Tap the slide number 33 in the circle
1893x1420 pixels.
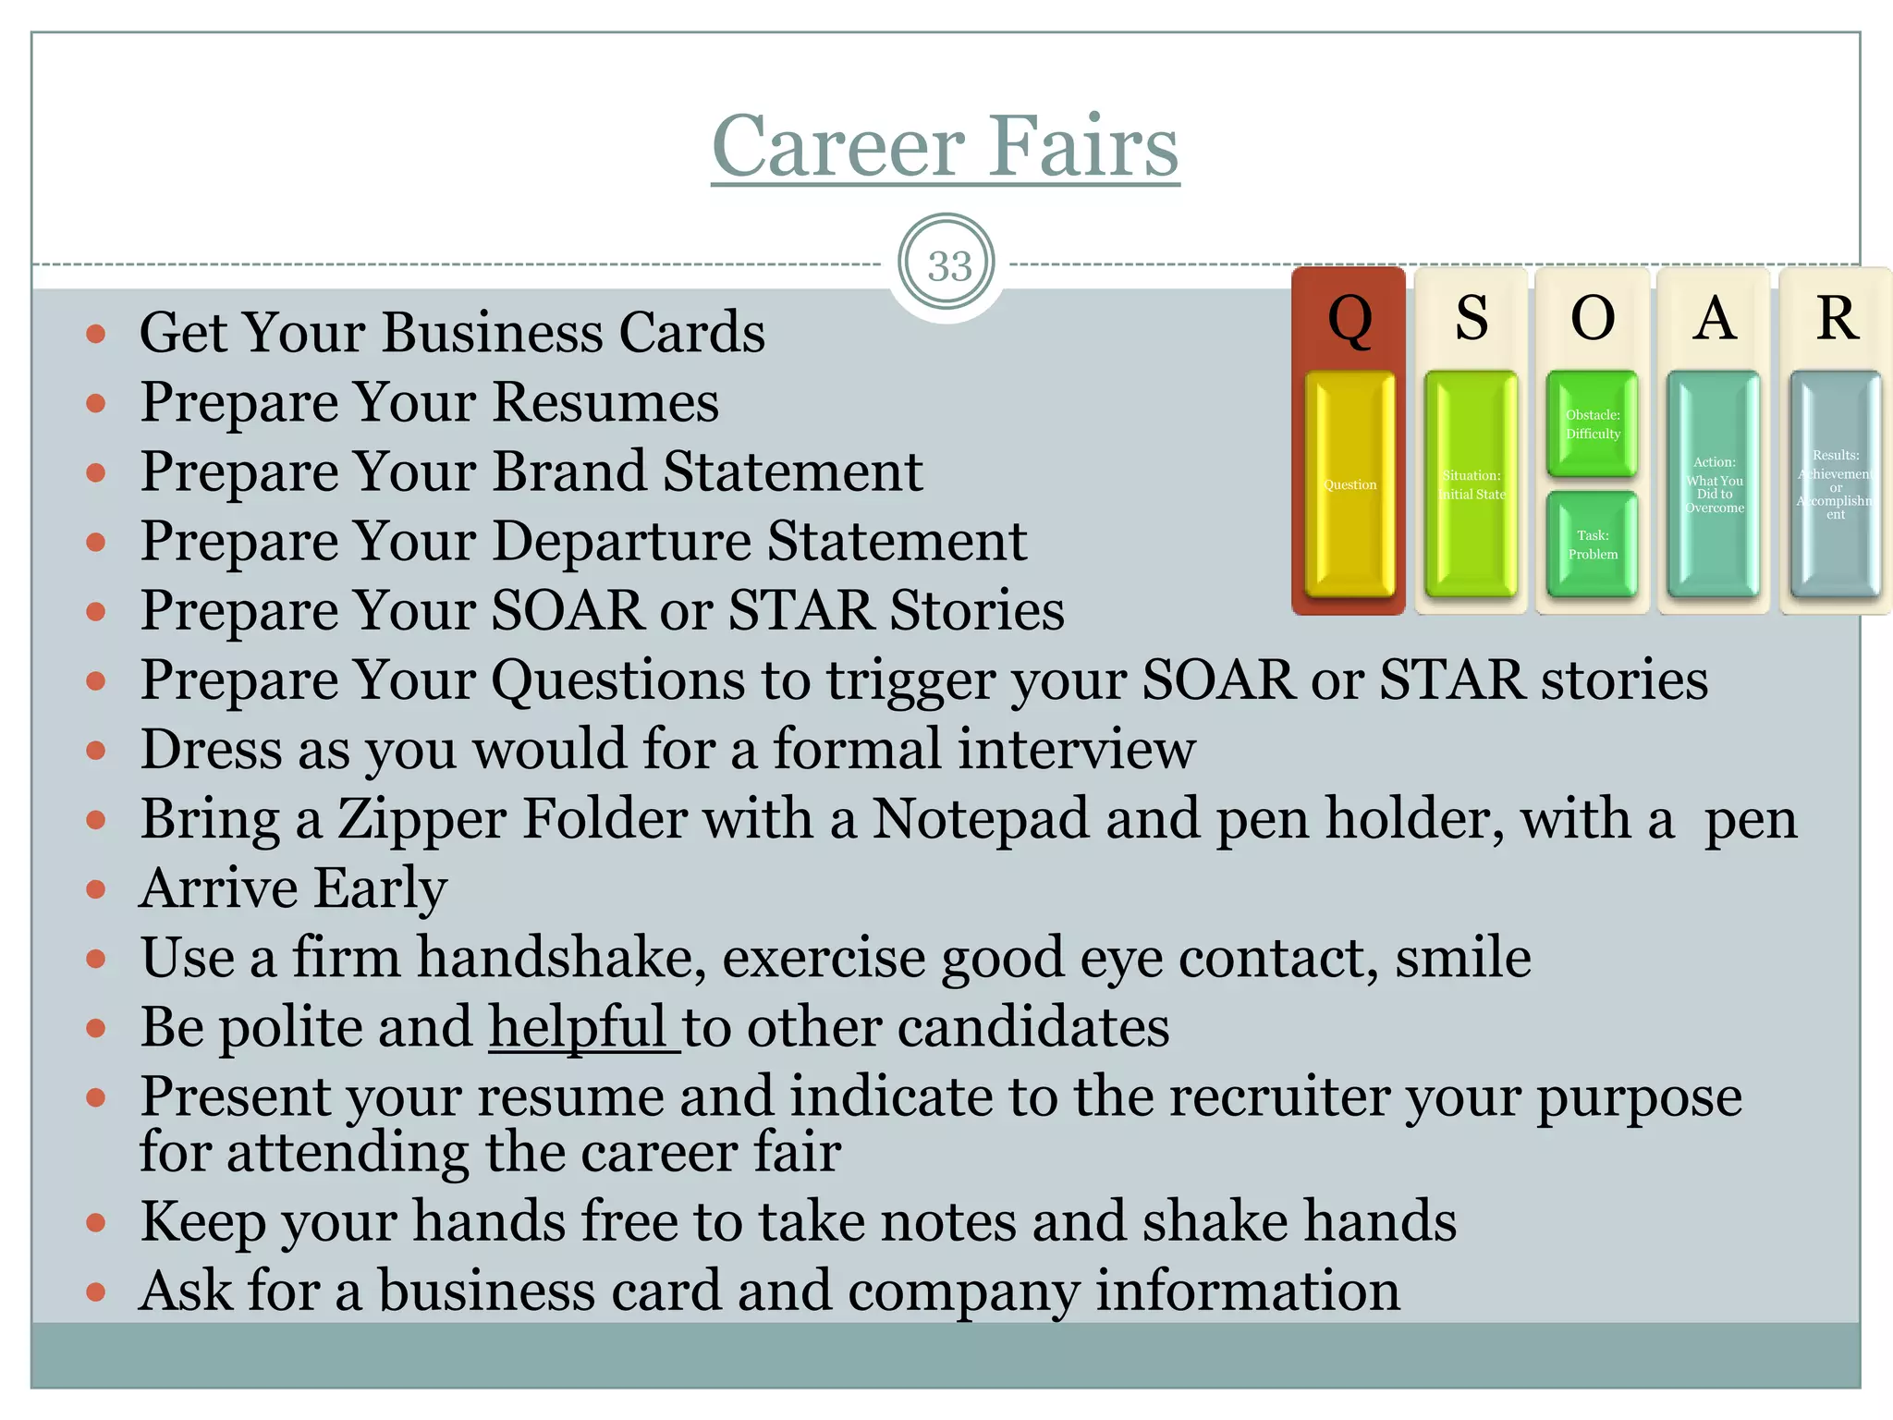coord(948,266)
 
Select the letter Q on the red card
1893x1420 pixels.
coord(1350,320)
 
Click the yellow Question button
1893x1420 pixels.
coord(1350,484)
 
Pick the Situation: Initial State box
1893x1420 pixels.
coord(1472,484)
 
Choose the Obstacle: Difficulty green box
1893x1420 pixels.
coord(1593,424)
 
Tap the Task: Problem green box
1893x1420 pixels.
coord(1593,545)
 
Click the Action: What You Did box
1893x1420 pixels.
coord(1714,484)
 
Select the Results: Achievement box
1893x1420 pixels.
coord(1836,484)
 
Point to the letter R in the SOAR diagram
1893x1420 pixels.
coord(1837,319)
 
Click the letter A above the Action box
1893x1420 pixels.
coord(1715,319)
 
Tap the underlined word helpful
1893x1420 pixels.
coord(578,1027)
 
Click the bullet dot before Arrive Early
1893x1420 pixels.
coord(95,889)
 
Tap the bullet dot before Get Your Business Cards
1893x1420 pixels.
coord(95,334)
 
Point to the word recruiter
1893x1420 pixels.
coord(1279,1097)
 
